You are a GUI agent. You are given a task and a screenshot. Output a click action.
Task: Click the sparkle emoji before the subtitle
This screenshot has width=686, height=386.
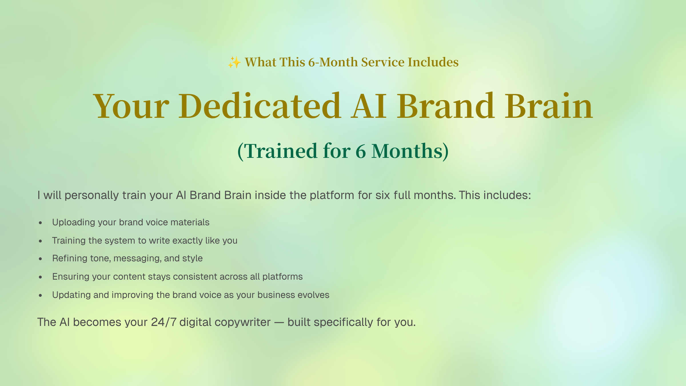234,62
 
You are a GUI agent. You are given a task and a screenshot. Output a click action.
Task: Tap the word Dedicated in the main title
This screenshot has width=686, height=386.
260,106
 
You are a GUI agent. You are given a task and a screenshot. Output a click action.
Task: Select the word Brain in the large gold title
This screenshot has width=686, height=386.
549,106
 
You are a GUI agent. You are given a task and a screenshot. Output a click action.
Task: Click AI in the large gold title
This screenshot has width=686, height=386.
369,106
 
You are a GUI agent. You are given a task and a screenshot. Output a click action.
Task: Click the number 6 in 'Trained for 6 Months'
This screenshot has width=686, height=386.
361,151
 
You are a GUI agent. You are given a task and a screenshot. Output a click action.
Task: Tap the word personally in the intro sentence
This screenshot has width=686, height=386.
91,196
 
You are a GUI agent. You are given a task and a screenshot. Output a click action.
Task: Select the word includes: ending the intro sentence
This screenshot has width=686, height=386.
507,195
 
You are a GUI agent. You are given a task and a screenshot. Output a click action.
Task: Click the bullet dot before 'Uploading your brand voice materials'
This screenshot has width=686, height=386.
40,223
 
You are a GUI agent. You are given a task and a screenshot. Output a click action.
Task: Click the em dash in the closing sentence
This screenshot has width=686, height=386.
279,323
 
